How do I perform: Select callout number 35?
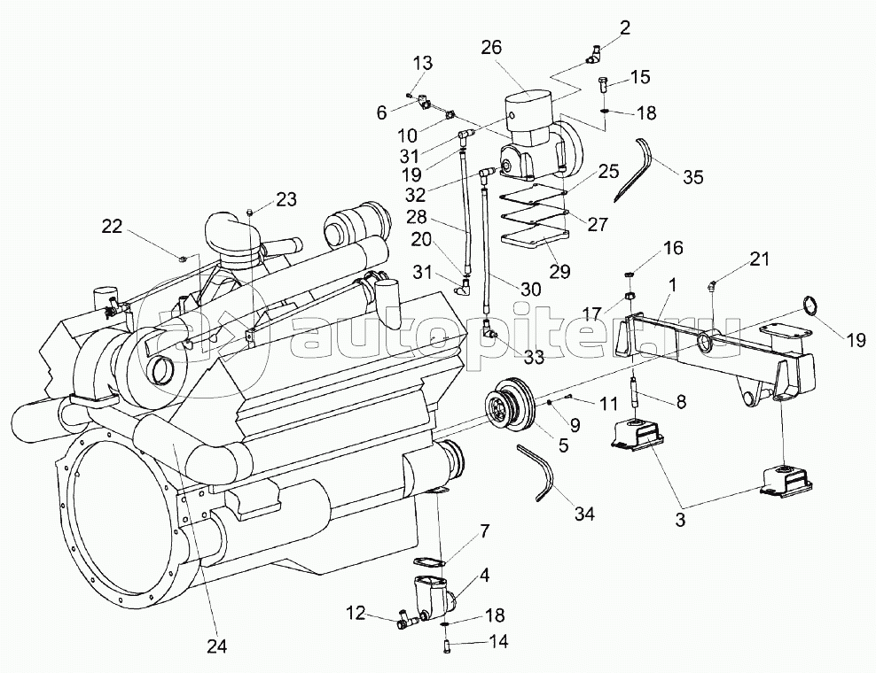pyautogui.click(x=692, y=177)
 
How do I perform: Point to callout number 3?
pyautogui.click(x=680, y=519)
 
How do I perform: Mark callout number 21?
pyautogui.click(x=759, y=259)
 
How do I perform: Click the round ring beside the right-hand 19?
pyautogui.click(x=810, y=306)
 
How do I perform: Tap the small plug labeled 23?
pyautogui.click(x=250, y=211)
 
